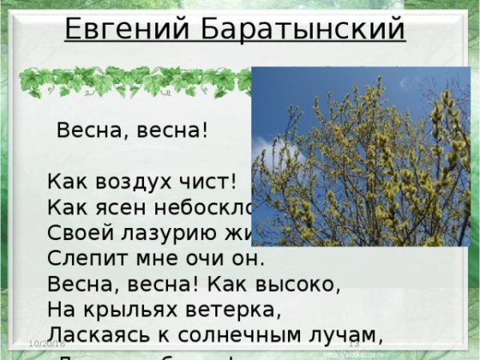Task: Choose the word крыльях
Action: (137, 310)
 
